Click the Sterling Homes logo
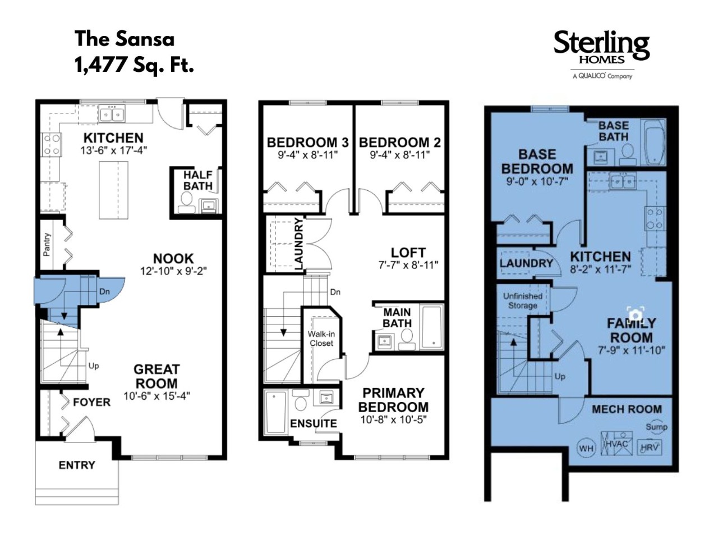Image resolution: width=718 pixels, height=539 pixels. click(601, 54)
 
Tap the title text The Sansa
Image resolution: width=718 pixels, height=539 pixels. click(125, 39)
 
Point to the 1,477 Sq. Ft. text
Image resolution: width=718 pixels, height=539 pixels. click(134, 65)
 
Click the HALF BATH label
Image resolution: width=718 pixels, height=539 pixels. click(197, 180)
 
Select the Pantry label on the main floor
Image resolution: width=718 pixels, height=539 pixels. click(47, 244)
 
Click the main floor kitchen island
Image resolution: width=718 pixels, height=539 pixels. click(113, 190)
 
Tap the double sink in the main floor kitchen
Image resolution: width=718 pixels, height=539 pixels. click(112, 115)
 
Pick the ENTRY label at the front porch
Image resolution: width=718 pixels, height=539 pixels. click(77, 465)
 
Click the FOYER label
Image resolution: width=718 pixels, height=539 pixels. click(91, 402)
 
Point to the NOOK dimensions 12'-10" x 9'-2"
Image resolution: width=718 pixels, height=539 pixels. click(173, 271)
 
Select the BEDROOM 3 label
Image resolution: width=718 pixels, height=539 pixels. click(308, 143)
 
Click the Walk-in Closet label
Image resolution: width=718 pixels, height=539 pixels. click(321, 339)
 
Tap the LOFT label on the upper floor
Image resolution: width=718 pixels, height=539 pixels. click(408, 252)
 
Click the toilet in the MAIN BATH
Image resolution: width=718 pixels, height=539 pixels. click(407, 339)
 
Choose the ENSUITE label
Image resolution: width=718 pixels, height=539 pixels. click(314, 423)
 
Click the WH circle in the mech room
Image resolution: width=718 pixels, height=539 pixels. click(586, 449)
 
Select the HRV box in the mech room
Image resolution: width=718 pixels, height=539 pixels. click(650, 447)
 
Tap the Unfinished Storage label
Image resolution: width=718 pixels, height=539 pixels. click(522, 301)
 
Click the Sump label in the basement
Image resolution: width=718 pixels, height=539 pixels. click(656, 427)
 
